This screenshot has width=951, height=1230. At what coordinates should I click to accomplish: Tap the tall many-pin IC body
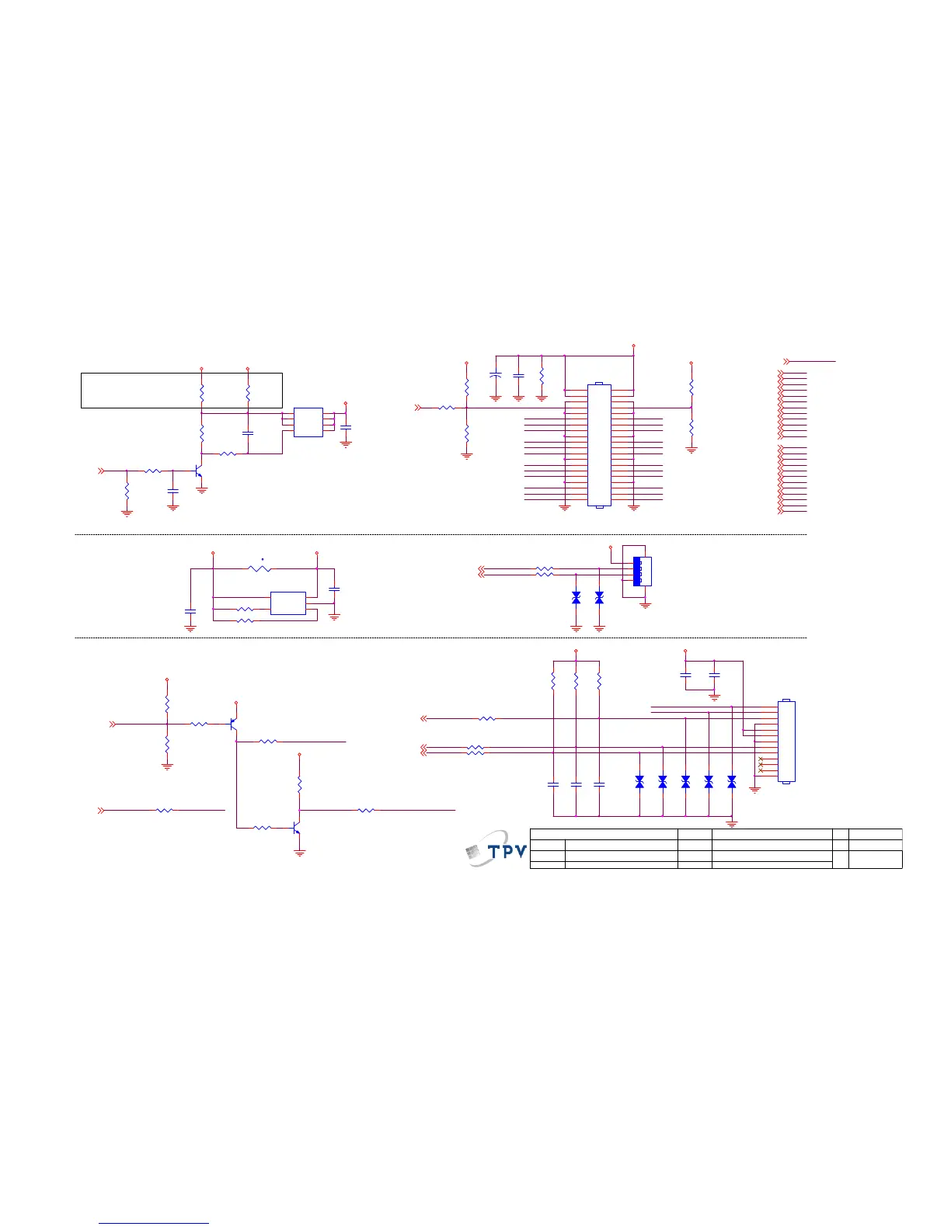pos(599,445)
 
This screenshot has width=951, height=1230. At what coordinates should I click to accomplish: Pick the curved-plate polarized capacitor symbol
pos(495,375)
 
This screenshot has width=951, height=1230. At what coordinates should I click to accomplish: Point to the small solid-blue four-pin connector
pos(638,572)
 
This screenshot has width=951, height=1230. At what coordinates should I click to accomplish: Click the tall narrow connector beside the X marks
pos(786,742)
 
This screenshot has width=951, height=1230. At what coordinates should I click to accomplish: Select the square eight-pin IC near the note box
pos(308,422)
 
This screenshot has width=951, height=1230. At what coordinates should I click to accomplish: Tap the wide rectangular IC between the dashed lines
pos(287,603)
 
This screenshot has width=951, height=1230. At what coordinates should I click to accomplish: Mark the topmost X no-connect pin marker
pos(761,759)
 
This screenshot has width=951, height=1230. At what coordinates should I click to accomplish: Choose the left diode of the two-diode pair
pos(576,598)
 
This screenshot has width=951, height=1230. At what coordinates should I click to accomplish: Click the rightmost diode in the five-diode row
pos(731,782)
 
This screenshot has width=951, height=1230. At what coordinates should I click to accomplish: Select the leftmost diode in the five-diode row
pos(639,782)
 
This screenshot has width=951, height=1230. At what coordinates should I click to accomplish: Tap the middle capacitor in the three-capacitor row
pos(576,785)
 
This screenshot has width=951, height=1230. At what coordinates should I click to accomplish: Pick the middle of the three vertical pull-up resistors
pos(576,681)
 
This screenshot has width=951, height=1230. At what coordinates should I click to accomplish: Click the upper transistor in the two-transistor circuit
pos(232,724)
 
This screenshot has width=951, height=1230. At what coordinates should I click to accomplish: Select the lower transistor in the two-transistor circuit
pos(296,829)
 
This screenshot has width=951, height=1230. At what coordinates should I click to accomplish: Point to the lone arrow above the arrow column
pos(788,361)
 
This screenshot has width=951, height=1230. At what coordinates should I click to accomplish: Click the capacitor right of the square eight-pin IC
pos(346,428)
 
